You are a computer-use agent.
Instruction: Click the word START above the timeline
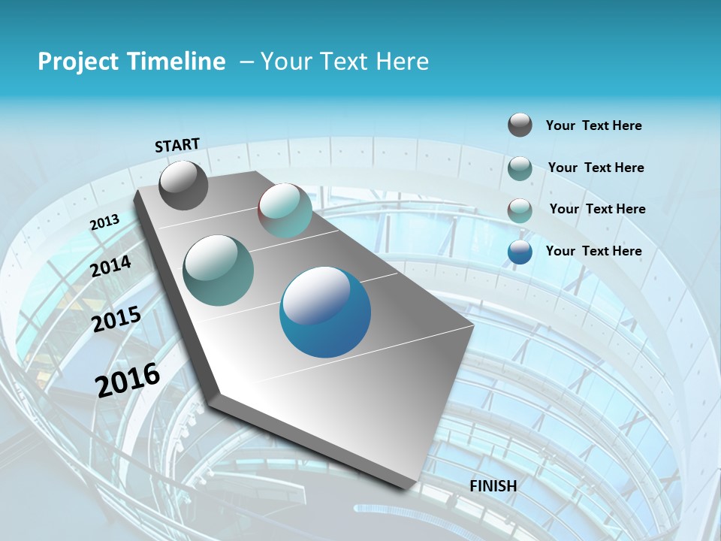pos(177,144)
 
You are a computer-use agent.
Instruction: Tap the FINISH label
pos(493,485)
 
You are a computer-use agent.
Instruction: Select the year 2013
pos(104,222)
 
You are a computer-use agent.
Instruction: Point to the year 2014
pos(111,266)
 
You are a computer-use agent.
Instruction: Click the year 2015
pos(116,319)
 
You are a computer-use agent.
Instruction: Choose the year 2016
pos(128,379)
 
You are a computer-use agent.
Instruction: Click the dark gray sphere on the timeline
pos(183,186)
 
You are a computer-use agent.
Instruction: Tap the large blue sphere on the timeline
pos(325,312)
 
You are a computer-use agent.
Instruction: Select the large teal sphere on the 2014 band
pos(219,270)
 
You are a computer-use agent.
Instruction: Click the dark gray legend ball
pos(520,125)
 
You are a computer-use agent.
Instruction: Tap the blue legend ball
pos(520,252)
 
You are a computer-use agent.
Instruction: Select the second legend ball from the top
pos(520,168)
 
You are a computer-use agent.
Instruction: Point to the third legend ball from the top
pos(520,210)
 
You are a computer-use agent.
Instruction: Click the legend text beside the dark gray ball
pos(593,125)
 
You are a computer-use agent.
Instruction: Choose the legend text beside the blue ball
pos(593,251)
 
